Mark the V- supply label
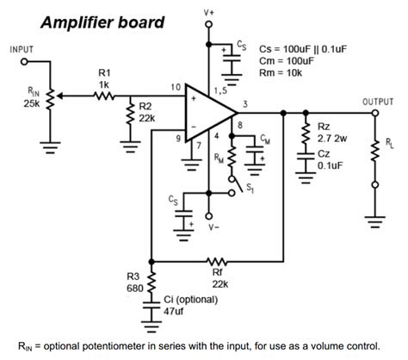coord(214,227)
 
